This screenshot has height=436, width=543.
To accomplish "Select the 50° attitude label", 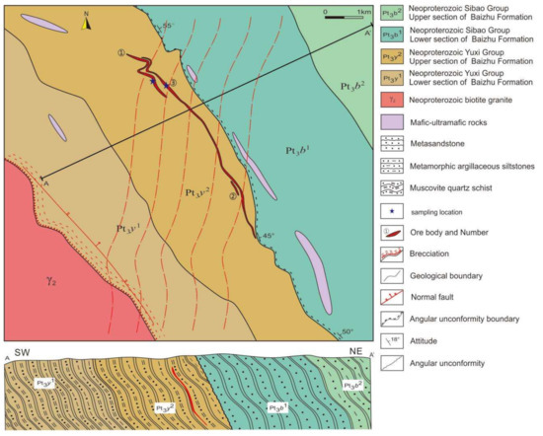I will [347, 330].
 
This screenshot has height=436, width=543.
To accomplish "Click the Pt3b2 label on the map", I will [348, 86].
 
